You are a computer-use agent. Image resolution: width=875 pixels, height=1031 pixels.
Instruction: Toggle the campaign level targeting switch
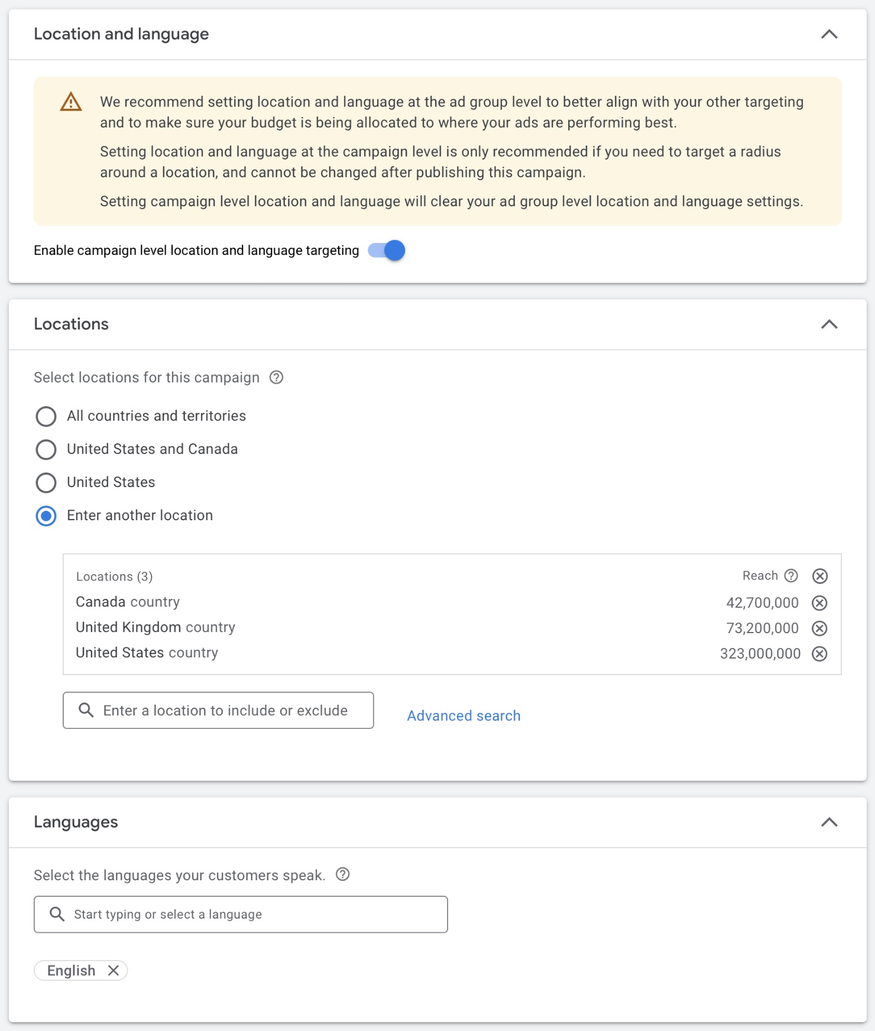387,251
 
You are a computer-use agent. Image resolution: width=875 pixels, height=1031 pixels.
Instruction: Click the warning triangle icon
71,102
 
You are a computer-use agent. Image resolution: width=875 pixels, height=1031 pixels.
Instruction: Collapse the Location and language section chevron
829,34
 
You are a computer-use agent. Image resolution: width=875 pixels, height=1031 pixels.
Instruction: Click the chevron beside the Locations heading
829,324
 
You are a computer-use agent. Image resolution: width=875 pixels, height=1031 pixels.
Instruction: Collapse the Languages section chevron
829,822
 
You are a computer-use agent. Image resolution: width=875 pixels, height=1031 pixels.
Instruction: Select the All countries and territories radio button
46,416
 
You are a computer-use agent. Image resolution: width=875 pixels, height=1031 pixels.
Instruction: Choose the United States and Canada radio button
46,449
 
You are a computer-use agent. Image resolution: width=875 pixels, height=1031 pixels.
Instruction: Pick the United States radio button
46,482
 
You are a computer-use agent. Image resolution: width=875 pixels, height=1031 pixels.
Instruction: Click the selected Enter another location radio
46,515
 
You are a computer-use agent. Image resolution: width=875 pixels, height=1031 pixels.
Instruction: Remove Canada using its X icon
819,603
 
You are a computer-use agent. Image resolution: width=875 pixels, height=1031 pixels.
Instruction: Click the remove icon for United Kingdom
819,628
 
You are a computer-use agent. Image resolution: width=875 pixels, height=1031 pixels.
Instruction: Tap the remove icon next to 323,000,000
819,654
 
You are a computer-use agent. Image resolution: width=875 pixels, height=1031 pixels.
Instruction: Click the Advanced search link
464,716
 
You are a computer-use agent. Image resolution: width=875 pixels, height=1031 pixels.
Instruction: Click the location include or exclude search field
225,711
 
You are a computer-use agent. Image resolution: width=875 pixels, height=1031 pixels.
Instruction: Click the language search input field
248,915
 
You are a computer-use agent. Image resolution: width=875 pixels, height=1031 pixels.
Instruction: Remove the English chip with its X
114,971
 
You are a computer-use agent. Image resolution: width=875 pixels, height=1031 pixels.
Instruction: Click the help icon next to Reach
791,576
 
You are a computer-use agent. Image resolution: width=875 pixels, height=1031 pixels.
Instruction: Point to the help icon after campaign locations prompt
276,377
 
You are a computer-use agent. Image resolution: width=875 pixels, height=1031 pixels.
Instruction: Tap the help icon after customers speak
342,874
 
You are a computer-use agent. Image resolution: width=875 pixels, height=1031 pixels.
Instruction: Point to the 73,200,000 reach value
762,628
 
